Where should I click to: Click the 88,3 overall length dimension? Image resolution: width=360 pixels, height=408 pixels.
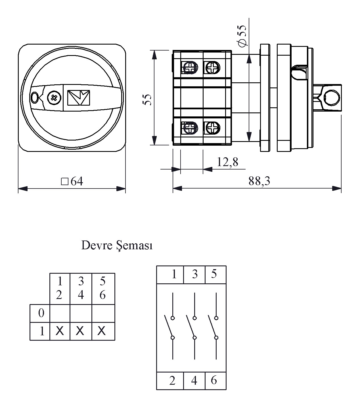click(x=259, y=181)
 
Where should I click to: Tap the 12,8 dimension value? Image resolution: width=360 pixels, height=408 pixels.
click(x=227, y=162)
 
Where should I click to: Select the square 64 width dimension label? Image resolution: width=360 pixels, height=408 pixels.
click(x=72, y=181)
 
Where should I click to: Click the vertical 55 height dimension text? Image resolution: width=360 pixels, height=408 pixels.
click(x=147, y=100)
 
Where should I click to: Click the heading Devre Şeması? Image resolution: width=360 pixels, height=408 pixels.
click(x=117, y=245)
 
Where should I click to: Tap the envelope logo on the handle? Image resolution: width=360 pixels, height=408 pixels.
click(x=79, y=98)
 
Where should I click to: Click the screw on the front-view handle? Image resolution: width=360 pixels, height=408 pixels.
click(x=54, y=98)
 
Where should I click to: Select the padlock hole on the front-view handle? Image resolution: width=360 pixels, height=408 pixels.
click(x=35, y=98)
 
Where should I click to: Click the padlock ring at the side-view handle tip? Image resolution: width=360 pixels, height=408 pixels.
click(x=331, y=98)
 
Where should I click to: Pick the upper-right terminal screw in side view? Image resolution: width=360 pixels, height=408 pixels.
click(x=212, y=68)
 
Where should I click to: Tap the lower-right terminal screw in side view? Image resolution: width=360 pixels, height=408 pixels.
click(x=212, y=127)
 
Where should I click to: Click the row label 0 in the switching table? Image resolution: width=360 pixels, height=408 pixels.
click(x=41, y=313)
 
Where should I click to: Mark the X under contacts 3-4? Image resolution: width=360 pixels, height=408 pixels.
click(x=80, y=331)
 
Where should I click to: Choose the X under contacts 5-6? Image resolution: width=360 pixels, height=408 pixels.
click(x=102, y=331)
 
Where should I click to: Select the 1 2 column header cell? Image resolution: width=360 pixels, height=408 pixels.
click(x=59, y=288)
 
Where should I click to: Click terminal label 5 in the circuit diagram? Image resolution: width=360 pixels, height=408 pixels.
click(x=214, y=274)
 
